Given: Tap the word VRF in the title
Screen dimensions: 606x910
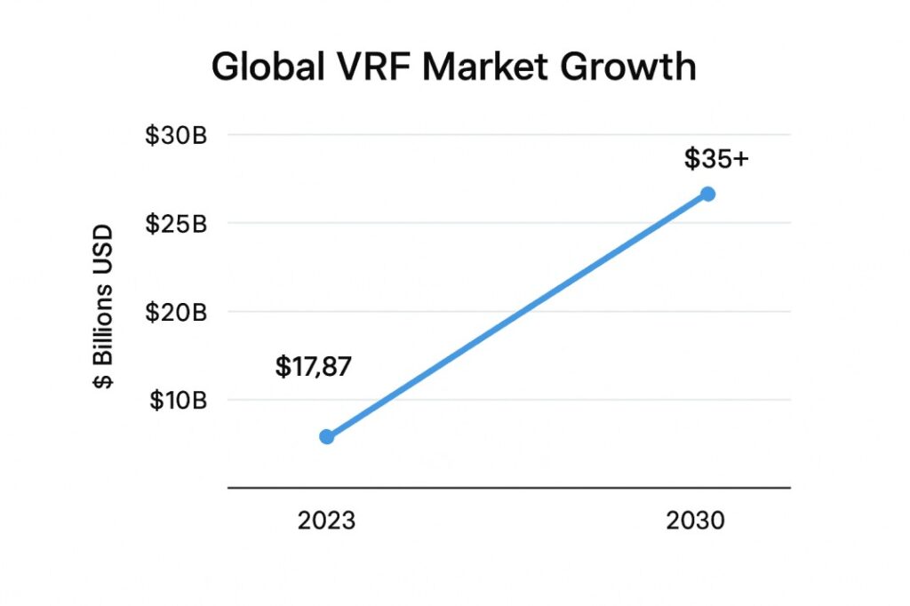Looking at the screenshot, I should coord(363,68).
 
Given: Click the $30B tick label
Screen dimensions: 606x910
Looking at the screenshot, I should coord(177,137).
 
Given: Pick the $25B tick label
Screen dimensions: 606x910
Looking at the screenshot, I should coord(177,223).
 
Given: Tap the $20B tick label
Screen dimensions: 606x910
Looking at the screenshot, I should coord(177,312).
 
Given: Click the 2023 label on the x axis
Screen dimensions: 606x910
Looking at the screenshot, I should coord(326,521).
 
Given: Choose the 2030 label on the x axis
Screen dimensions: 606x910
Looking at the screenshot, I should coord(695,521).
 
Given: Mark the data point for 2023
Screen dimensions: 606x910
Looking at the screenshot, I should coord(326,436).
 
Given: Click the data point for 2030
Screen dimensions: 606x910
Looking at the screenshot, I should coord(707,194).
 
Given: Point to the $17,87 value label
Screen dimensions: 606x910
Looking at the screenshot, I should coord(314,366).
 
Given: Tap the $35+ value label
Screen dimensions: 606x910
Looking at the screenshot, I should coord(716,159).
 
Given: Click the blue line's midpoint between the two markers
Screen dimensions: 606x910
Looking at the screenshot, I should coord(517,315).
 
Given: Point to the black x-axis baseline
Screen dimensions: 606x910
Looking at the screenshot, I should coord(508,487).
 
